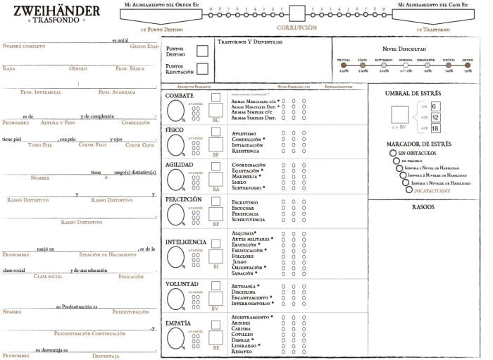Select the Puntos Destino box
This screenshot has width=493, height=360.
pos(203,51)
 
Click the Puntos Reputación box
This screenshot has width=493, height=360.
pos(203,68)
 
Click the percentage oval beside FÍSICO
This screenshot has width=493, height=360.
pos(175,144)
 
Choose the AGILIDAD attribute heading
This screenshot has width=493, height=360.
pos(180,164)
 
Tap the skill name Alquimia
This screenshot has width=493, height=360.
pos(244,233)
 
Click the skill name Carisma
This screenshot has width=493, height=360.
pos(241,328)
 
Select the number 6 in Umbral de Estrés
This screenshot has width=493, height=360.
pos(435,106)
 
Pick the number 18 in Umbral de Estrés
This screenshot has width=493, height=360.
pos(435,128)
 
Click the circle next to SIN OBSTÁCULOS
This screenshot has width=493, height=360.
pos(392,153)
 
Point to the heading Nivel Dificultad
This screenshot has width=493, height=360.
pos(404,49)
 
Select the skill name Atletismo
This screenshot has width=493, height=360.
pos(244,132)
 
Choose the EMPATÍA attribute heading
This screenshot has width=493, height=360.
pos(177,323)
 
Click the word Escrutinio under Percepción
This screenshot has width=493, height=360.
pos(244,202)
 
